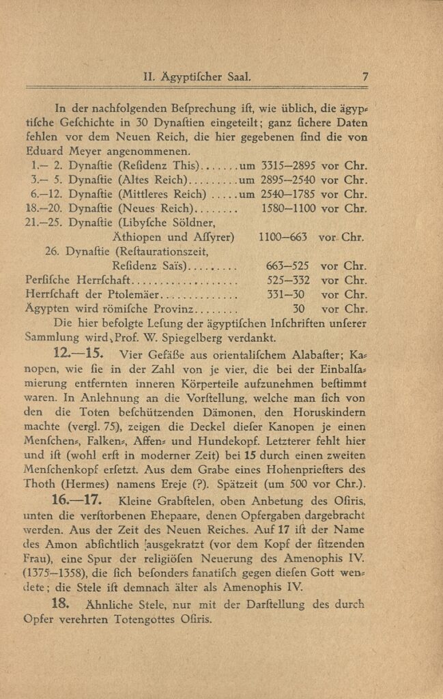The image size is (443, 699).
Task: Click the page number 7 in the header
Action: click(x=366, y=76)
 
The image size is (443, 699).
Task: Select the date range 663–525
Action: click(x=287, y=266)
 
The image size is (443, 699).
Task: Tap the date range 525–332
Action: click(x=287, y=281)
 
